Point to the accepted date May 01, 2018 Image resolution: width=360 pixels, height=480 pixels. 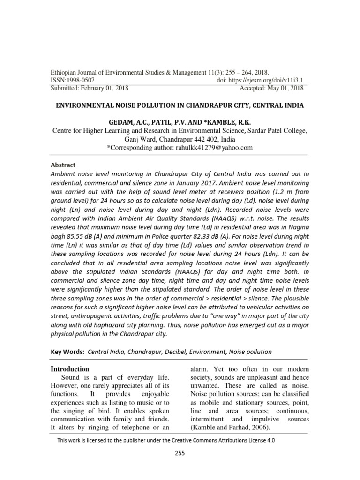coord(285,88)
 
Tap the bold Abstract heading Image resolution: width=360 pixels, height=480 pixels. coord(63,165)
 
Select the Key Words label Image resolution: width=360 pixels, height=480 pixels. coord(67,352)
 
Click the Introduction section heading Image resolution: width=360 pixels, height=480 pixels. coord(69,369)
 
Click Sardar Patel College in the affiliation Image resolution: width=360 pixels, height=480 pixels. coord(278,131)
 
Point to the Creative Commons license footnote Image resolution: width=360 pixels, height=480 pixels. coord(166,441)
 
